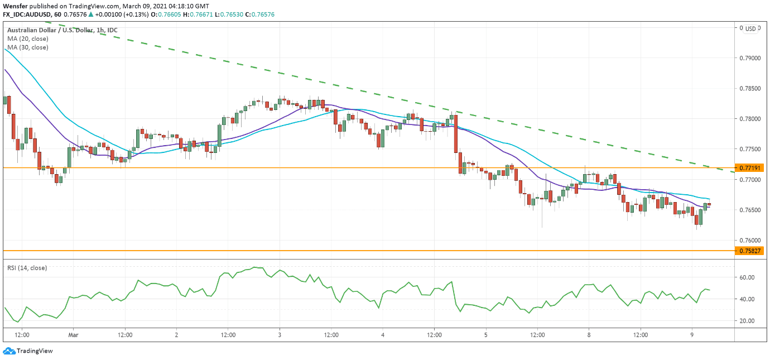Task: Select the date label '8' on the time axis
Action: (x=589, y=335)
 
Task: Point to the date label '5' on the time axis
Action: (x=486, y=335)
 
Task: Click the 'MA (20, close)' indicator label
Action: (x=28, y=39)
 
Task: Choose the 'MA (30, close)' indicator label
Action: (x=28, y=47)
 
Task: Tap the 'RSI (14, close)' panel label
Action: (x=27, y=268)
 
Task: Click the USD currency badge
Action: (x=750, y=29)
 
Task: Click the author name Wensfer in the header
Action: (x=16, y=6)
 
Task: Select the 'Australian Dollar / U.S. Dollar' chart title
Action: (x=49, y=30)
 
